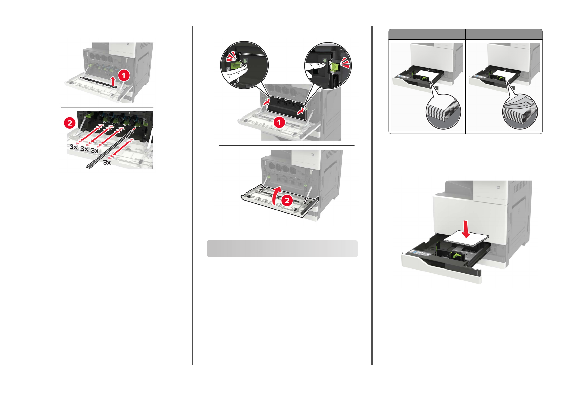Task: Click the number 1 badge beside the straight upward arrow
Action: (124, 75)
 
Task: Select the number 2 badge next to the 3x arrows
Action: (70, 123)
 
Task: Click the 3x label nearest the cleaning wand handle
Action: (107, 162)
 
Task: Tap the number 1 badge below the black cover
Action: (279, 122)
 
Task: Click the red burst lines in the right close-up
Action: (345, 62)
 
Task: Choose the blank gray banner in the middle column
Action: (282, 248)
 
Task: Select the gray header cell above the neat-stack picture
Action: (427, 35)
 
